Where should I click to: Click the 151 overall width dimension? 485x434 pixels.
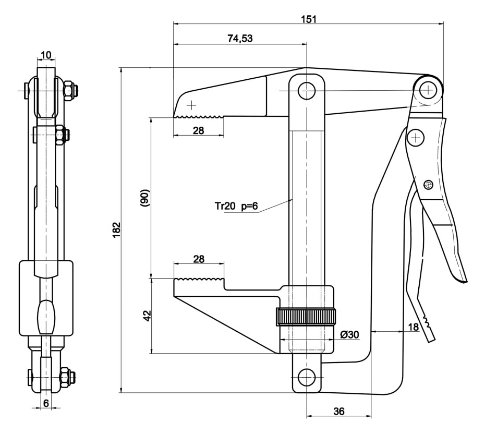(x=309, y=19)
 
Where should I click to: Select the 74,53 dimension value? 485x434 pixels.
(x=240, y=39)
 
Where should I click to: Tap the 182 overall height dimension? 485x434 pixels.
(x=116, y=230)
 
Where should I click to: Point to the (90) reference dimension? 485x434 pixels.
(x=145, y=198)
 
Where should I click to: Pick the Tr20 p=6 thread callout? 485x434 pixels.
(x=236, y=206)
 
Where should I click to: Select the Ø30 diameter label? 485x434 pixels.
(x=349, y=334)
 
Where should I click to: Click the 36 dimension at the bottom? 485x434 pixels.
(x=338, y=411)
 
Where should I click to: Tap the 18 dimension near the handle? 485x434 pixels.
(x=413, y=327)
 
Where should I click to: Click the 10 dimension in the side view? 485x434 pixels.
(x=46, y=55)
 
